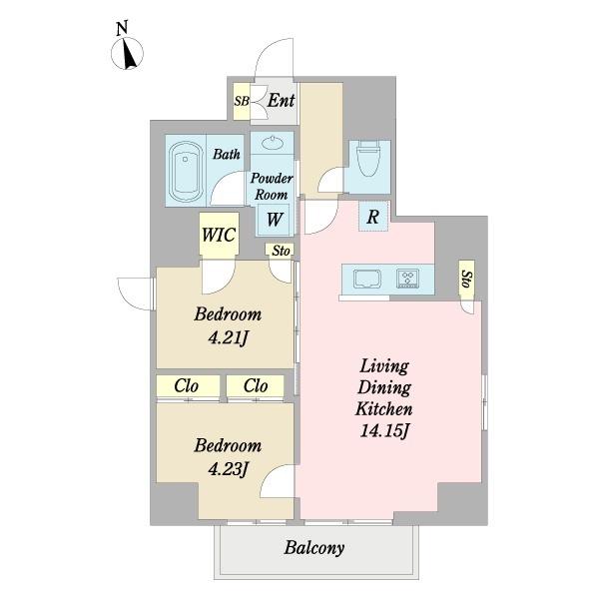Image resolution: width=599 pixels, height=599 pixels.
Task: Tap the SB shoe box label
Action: click(x=242, y=101)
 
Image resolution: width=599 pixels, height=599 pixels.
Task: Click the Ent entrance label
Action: click(x=281, y=101)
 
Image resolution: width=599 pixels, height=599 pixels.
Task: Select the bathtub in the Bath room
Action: click(x=186, y=171)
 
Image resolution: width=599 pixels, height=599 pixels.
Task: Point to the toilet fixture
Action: click(x=367, y=157)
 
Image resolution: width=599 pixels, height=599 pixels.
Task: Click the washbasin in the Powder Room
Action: click(x=272, y=143)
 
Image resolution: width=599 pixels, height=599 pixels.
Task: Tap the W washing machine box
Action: click(x=274, y=220)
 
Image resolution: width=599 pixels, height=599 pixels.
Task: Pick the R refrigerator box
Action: click(x=373, y=217)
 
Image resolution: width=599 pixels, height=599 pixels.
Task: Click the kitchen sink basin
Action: click(x=367, y=279)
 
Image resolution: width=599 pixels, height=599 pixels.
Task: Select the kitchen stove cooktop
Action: click(x=407, y=279)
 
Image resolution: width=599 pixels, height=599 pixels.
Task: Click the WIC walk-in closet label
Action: click(x=219, y=235)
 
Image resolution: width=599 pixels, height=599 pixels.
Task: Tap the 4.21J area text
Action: click(x=229, y=337)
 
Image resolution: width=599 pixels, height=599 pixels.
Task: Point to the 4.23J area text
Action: click(x=228, y=469)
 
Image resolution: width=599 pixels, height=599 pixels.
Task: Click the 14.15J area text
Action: click(x=384, y=431)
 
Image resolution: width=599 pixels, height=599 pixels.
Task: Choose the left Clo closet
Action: click(x=188, y=385)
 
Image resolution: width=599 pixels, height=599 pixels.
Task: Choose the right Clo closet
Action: click(x=256, y=385)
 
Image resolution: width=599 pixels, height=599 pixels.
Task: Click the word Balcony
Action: click(x=314, y=548)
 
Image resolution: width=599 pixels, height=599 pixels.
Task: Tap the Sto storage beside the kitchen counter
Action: click(x=467, y=279)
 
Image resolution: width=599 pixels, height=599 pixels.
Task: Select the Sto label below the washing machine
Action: click(x=281, y=251)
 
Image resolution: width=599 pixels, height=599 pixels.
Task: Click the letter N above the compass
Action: click(x=122, y=29)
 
